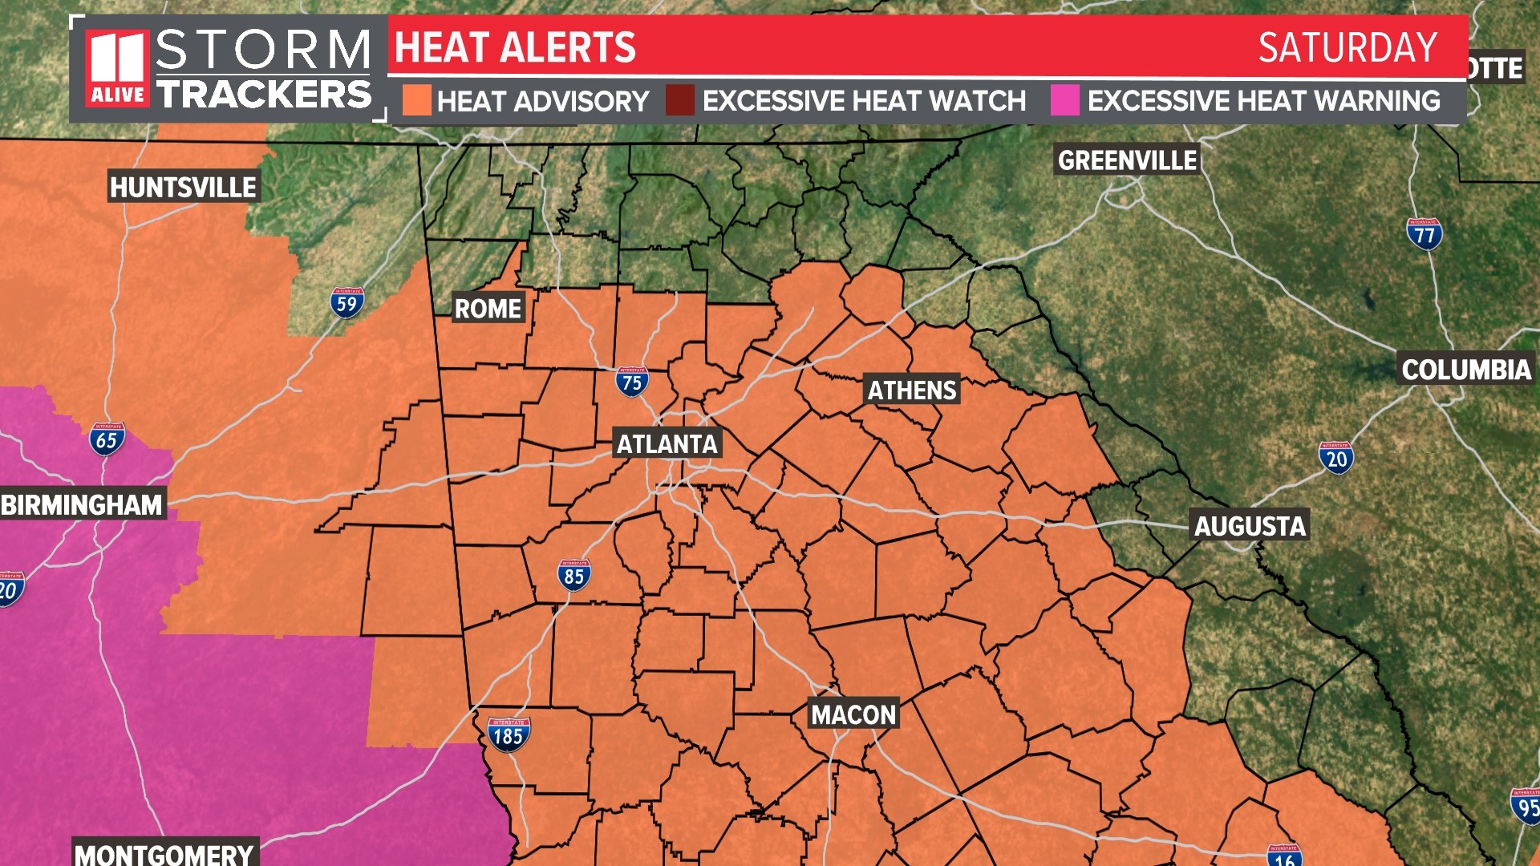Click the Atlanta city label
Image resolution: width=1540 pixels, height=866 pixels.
pyautogui.click(x=667, y=443)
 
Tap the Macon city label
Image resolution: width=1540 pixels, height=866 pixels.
pyautogui.click(x=853, y=714)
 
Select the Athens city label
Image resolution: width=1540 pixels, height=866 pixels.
pyautogui.click(x=912, y=390)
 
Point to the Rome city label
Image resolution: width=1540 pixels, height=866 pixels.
pyautogui.click(x=488, y=308)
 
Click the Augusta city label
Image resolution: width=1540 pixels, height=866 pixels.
pyautogui.click(x=1250, y=525)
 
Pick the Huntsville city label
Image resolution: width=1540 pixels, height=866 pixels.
pyautogui.click(x=183, y=187)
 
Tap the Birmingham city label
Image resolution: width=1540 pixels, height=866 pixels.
pyautogui.click(x=82, y=504)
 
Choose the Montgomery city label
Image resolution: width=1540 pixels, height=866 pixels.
pyautogui.click(x=164, y=853)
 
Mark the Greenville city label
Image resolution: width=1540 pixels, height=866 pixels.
pyautogui.click(x=1127, y=160)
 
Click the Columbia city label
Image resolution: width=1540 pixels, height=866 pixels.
pyautogui.click(x=1466, y=369)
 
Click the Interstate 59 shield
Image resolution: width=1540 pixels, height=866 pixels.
pyautogui.click(x=346, y=302)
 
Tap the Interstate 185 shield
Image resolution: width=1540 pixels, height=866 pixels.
pyautogui.click(x=509, y=734)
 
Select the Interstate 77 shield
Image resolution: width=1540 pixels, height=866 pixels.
pyautogui.click(x=1424, y=234)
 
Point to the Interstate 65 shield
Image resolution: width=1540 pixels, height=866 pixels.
pyautogui.click(x=107, y=439)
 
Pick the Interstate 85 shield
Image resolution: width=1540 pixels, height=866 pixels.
pyautogui.click(x=573, y=575)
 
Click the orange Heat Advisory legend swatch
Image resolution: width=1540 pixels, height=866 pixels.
pyautogui.click(x=416, y=101)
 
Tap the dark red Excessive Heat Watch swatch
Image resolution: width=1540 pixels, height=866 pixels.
pyautogui.click(x=680, y=101)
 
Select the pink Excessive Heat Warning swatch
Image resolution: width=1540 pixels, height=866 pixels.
pyautogui.click(x=1064, y=101)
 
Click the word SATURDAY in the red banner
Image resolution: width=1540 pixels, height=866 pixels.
pyautogui.click(x=1347, y=47)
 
